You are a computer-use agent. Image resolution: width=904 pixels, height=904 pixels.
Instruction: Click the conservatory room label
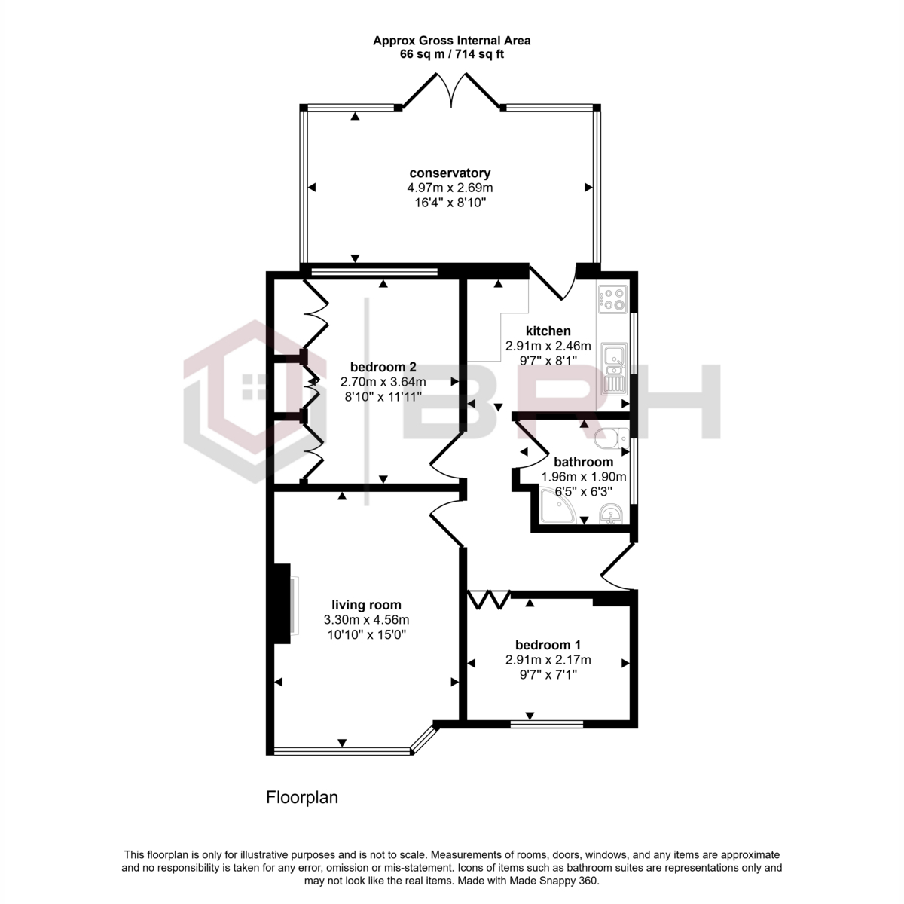tap(450, 173)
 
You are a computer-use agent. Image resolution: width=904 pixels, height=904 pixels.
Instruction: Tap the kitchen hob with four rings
tap(612, 299)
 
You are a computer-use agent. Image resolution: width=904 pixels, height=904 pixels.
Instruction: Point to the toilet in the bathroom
tap(611, 438)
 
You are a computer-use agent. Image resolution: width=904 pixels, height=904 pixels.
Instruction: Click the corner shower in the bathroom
tap(557, 505)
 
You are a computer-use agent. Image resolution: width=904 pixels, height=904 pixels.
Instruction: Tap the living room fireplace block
tap(282, 603)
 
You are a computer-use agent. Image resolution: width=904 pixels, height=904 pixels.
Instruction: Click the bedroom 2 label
tap(383, 367)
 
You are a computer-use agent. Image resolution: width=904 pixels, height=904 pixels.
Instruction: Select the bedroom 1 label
tap(548, 645)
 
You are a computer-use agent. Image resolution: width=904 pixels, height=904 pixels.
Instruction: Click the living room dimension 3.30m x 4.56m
tap(366, 620)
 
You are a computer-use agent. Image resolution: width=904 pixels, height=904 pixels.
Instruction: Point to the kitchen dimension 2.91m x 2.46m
tap(548, 346)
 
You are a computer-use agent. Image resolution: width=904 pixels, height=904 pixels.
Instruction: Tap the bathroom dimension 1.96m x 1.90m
tap(584, 477)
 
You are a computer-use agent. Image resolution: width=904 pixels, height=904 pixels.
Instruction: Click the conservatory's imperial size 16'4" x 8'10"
tap(450, 203)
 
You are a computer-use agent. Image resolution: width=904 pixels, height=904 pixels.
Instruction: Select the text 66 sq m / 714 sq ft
tap(451, 54)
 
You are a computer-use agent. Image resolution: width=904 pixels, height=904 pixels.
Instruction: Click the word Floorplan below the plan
tap(301, 797)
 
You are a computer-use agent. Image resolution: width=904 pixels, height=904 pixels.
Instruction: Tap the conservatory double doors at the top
tap(451, 91)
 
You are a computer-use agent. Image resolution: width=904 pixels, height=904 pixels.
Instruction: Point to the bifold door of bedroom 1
tap(490, 599)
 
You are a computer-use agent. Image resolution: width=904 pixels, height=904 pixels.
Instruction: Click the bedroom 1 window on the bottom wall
tap(546, 724)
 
